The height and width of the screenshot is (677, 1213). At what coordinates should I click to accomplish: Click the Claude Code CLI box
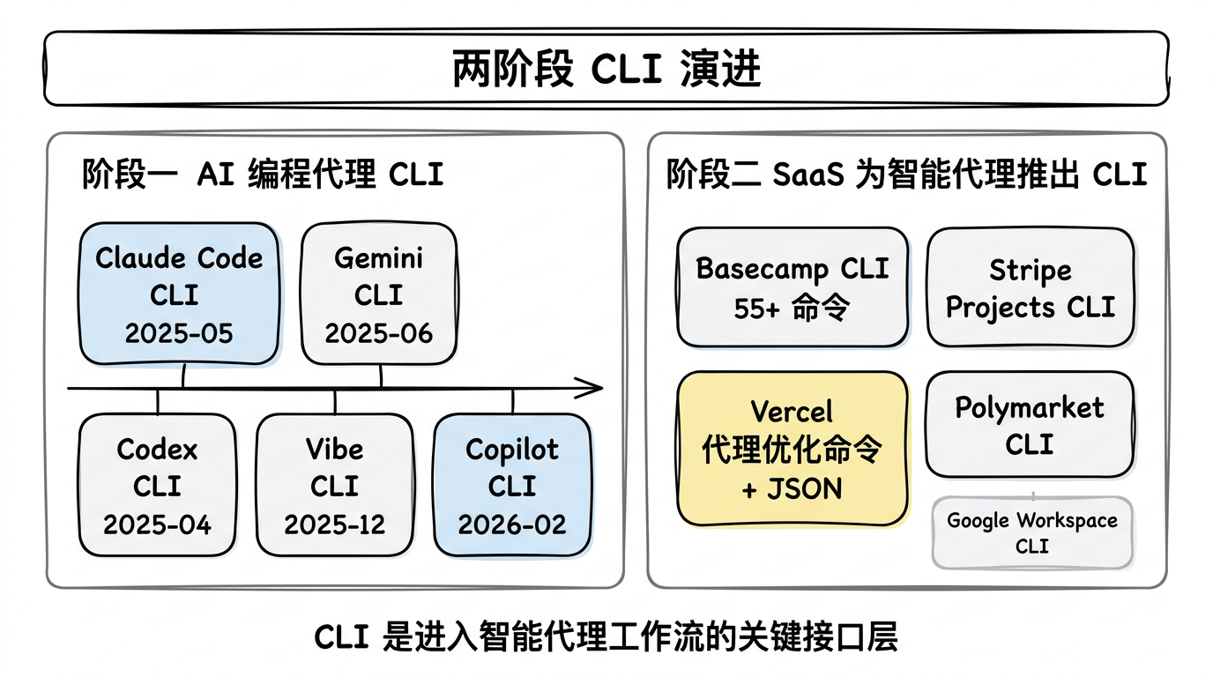coord(179,294)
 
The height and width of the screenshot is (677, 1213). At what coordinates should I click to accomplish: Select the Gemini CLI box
coord(379,294)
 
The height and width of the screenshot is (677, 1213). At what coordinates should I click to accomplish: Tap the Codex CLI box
coord(158,485)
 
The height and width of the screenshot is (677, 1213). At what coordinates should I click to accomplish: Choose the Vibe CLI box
coord(335,485)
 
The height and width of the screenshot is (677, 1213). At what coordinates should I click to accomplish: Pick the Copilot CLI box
coord(512,485)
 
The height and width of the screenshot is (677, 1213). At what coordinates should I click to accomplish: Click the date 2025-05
coord(179,333)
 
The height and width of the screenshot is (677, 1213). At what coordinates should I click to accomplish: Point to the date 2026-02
coord(512,524)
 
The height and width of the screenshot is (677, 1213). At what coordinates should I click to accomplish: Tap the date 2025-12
coord(335,524)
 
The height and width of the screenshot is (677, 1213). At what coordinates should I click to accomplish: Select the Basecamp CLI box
coord(793,287)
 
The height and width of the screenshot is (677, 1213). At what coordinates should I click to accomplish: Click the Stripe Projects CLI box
coord(1031,287)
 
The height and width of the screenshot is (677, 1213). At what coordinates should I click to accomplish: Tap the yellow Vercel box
coord(793,449)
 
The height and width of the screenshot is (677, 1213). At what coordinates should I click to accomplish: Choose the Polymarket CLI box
coord(1030,424)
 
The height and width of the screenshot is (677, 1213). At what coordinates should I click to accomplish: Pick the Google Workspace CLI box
coord(1032,532)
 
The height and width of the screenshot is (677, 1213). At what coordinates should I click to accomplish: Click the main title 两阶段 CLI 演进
coord(606,69)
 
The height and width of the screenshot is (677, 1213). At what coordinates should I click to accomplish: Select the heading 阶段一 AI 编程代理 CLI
coord(263,175)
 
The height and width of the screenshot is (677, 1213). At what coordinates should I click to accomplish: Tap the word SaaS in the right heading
coord(808,175)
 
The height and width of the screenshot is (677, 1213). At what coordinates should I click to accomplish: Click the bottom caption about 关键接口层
coord(606,636)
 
